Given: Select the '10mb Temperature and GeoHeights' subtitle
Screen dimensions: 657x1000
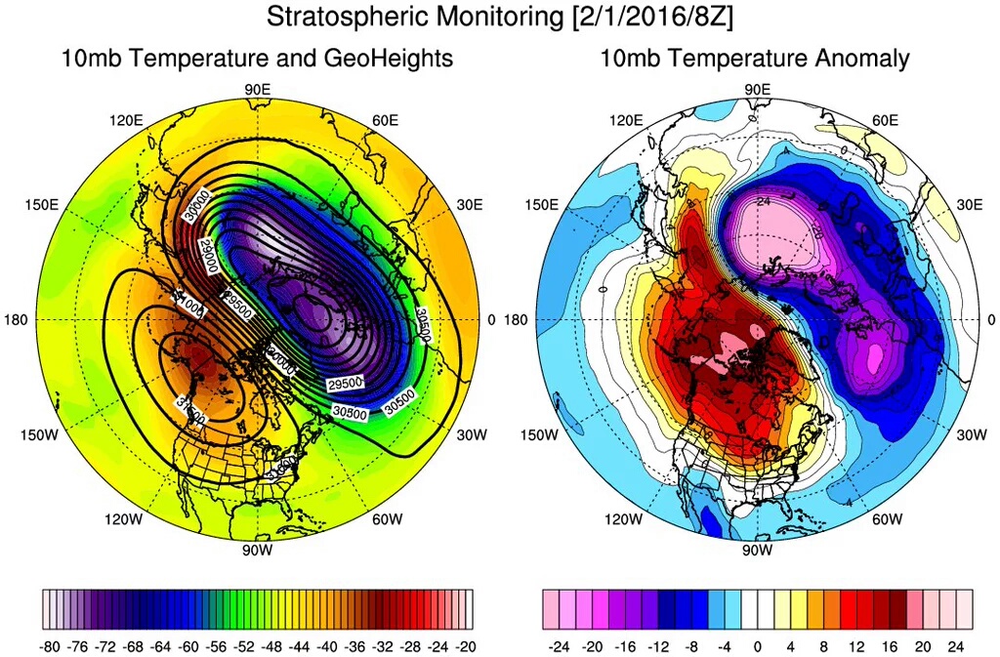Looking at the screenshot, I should pos(257,59).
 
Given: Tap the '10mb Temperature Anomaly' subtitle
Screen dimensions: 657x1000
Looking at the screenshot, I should pos(755,59).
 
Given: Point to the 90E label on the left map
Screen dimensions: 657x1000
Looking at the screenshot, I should pos(258,90).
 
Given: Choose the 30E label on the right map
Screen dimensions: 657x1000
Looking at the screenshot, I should pos(970,205).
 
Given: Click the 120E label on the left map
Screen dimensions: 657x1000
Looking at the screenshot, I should pos(126,120).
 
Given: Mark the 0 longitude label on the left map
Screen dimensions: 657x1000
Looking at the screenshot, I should pos(490,320).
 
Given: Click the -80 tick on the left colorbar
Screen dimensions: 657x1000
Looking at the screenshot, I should pos(54,645).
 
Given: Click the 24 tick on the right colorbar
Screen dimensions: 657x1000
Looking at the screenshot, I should pos(957,645).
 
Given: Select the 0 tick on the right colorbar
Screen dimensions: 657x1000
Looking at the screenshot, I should pos(757,645).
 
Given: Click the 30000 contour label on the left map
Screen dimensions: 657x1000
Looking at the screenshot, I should pos(199,206).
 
